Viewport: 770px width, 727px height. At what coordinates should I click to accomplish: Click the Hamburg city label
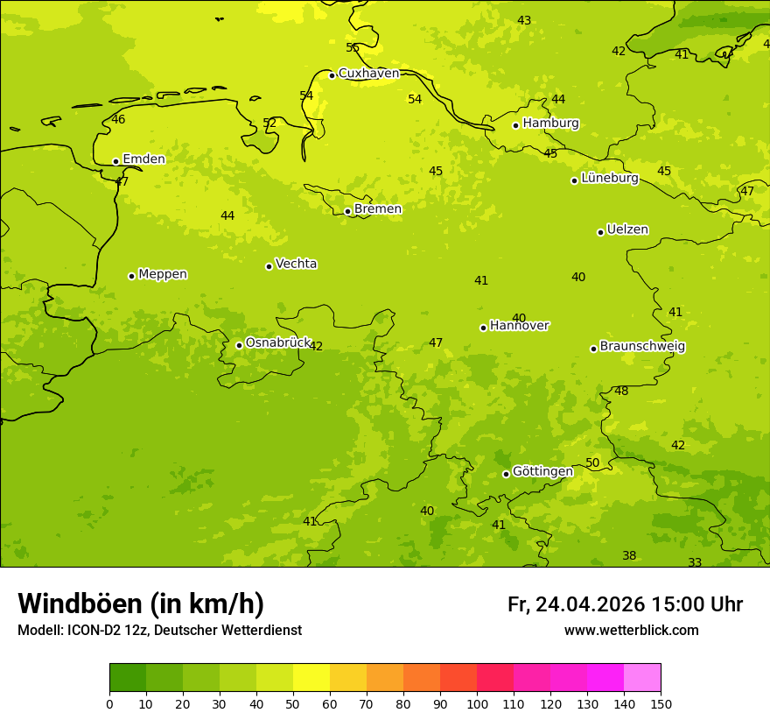click(x=550, y=124)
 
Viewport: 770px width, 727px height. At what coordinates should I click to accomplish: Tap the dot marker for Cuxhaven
click(x=332, y=75)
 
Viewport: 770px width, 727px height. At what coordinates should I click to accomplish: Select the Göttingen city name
click(x=542, y=471)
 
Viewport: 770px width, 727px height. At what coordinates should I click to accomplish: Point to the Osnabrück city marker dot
click(x=239, y=345)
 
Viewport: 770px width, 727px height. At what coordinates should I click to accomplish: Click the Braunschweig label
click(x=642, y=347)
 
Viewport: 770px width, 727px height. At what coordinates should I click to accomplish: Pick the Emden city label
click(x=143, y=159)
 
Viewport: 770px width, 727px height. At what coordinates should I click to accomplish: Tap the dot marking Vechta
click(x=269, y=266)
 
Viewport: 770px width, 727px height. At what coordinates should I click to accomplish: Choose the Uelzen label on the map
click(x=627, y=229)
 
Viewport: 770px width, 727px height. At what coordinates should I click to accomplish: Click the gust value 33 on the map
click(x=695, y=562)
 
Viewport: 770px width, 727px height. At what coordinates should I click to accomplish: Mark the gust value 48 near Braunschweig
click(x=621, y=391)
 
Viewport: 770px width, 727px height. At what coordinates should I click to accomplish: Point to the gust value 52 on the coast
click(x=269, y=124)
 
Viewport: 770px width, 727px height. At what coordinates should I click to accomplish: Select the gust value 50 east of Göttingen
click(x=592, y=462)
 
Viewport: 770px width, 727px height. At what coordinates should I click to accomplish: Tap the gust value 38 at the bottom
click(x=629, y=555)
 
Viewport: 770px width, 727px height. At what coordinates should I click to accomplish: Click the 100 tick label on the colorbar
click(x=477, y=703)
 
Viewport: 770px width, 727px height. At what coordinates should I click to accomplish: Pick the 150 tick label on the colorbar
click(x=661, y=703)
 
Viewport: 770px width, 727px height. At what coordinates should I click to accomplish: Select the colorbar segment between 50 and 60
click(x=311, y=678)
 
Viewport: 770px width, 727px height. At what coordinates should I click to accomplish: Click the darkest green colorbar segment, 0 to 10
click(x=128, y=678)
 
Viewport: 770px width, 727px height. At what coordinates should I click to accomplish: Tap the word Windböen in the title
click(x=80, y=603)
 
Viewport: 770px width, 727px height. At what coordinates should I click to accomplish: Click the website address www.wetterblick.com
click(x=631, y=630)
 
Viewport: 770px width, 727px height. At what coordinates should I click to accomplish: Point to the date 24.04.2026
click(x=590, y=604)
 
